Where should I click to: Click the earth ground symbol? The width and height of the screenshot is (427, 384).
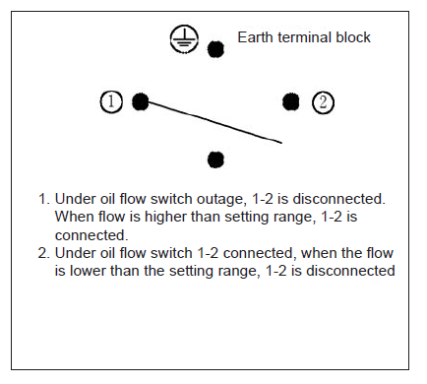click(184, 39)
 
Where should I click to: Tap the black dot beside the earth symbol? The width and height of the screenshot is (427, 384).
click(215, 49)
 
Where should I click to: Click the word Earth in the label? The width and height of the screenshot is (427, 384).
click(255, 37)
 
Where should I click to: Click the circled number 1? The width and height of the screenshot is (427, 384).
click(111, 101)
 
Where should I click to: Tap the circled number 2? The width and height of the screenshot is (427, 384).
click(323, 102)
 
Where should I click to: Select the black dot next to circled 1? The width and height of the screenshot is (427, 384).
click(141, 101)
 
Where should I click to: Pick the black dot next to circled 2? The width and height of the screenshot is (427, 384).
click(290, 101)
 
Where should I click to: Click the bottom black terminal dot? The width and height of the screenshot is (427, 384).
click(215, 160)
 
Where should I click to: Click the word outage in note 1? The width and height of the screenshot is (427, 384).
click(221, 200)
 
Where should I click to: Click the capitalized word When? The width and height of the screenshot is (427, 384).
click(74, 217)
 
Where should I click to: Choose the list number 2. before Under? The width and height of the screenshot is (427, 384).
click(43, 253)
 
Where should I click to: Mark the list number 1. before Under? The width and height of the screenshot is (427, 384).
click(44, 199)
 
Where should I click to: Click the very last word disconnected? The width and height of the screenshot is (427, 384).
click(350, 271)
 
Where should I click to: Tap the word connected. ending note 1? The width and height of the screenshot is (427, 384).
click(91, 235)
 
